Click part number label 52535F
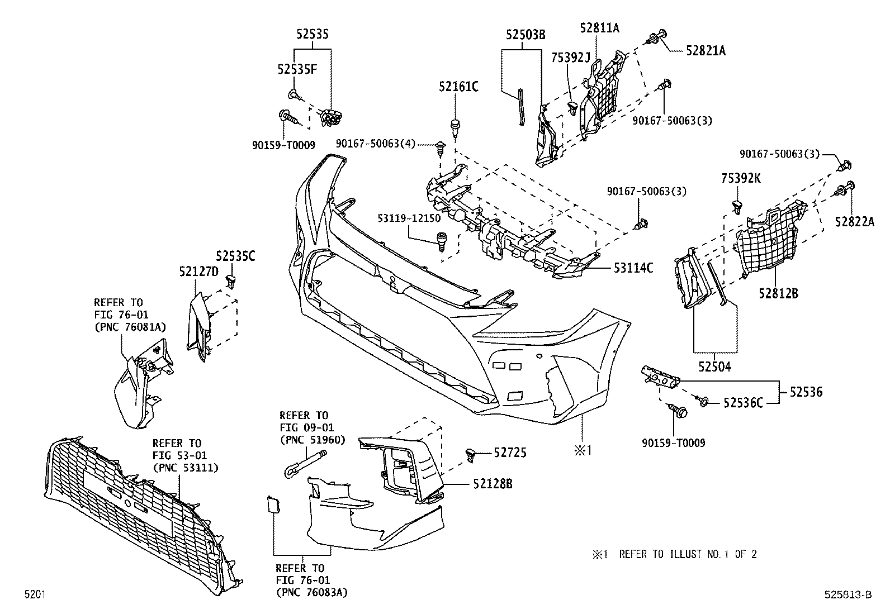click(x=297, y=69)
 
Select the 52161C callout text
click(x=458, y=87)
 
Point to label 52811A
click(x=599, y=28)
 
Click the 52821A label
click(x=706, y=51)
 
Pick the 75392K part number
click(x=741, y=179)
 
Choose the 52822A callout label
click(x=854, y=222)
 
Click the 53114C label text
click(x=633, y=268)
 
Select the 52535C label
click(x=235, y=256)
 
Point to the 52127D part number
click(x=198, y=272)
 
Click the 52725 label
click(x=510, y=453)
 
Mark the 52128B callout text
click(x=493, y=484)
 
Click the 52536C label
click(x=743, y=402)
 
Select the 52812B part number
click(x=778, y=293)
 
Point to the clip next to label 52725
click(x=471, y=455)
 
